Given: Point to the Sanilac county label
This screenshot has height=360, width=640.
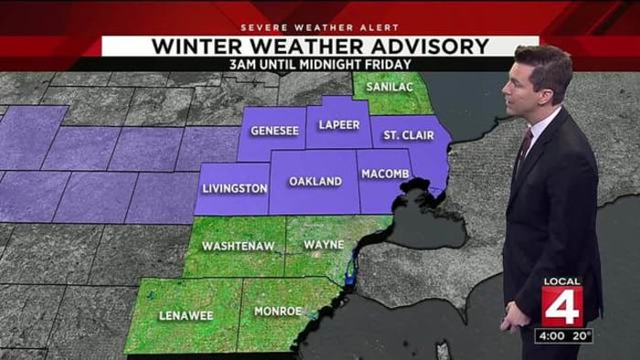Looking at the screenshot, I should pyautogui.click(x=385, y=87).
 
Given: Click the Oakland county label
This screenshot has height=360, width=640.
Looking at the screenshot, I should pyautogui.click(x=315, y=181).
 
